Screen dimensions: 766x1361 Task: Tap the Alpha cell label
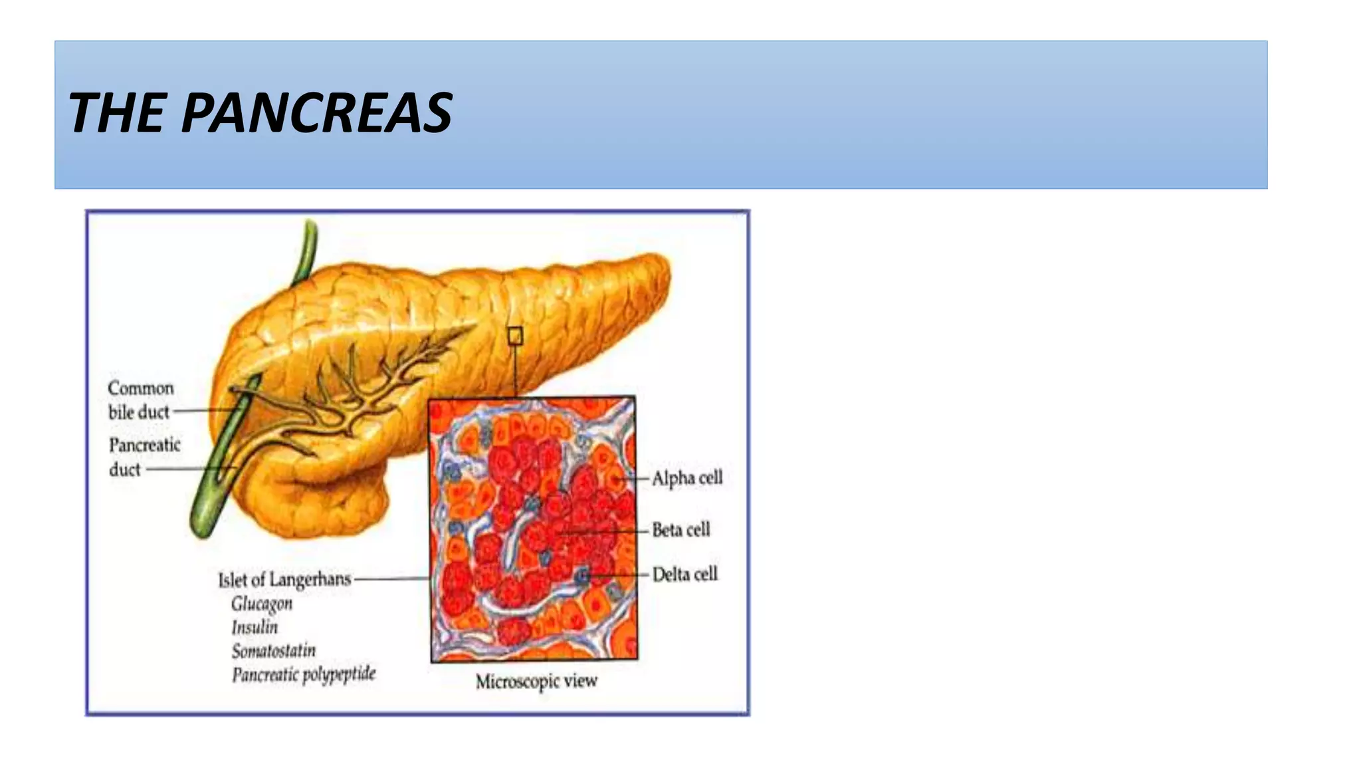coord(686,477)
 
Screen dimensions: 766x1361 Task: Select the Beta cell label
coord(680,529)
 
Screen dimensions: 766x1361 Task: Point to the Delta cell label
coord(684,574)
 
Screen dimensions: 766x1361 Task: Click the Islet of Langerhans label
coord(284,579)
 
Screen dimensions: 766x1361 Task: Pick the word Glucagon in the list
coord(262,604)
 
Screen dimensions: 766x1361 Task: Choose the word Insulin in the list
coord(255,627)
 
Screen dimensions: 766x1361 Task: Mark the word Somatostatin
coord(274,650)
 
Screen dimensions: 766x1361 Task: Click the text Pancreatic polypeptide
coord(304,674)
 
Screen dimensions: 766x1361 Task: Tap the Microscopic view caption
coord(536,681)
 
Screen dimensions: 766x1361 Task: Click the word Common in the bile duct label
coord(141,388)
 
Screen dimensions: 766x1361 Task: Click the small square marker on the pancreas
coord(515,336)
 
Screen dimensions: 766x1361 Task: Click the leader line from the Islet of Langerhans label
coord(392,578)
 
